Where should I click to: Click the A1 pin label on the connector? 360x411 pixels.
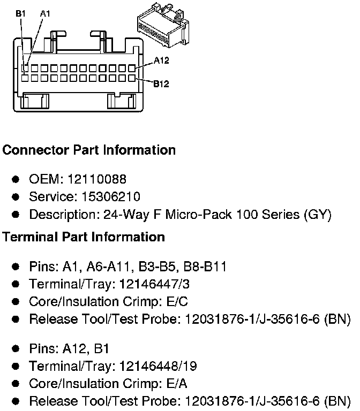[x=45, y=14]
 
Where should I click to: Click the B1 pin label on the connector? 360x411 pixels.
[x=20, y=14]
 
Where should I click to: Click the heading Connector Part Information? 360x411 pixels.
[x=89, y=150]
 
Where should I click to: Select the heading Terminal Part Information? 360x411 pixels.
[x=84, y=237]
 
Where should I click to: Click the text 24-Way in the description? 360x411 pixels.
[x=118, y=215]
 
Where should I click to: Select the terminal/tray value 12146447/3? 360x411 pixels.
[x=160, y=284]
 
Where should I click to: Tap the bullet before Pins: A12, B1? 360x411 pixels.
[x=16, y=349]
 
